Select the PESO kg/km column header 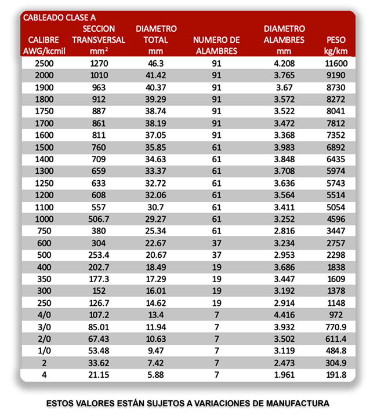point(336,46)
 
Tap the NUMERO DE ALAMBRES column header point(216,45)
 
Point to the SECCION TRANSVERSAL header point(99,39)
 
